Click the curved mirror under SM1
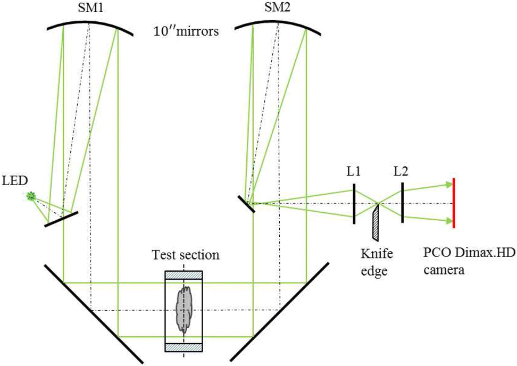click(x=90, y=25)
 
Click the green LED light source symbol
click(x=31, y=197)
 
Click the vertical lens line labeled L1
click(x=354, y=204)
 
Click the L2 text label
click(x=402, y=173)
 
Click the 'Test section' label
click(x=185, y=255)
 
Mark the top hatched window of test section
click(x=184, y=275)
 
